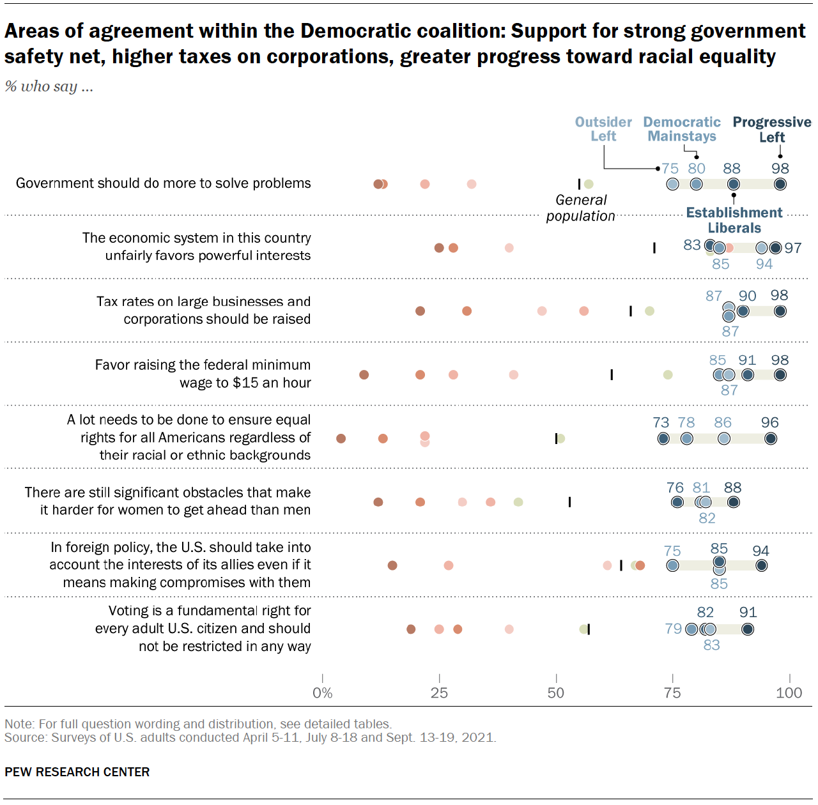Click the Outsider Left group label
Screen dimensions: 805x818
tap(603, 129)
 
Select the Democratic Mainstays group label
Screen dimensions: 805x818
tap(681, 129)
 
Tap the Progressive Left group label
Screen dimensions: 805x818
tap(771, 130)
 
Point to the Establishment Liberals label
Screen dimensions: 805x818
tap(734, 220)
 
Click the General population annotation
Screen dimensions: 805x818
tap(580, 208)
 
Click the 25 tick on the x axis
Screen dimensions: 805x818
tap(439, 693)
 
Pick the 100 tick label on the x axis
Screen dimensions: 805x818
tap(789, 693)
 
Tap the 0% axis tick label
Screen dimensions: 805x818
tap(322, 693)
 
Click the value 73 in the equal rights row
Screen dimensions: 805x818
tap(661, 422)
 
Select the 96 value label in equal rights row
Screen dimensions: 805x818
tap(770, 422)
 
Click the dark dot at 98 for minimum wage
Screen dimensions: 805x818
tap(780, 375)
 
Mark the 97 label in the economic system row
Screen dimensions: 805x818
tap(793, 248)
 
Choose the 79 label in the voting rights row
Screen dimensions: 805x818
tap(673, 629)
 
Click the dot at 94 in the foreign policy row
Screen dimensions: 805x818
tap(761, 565)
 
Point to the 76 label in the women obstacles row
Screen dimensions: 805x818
tap(675, 487)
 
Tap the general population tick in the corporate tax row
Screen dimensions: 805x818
tap(631, 311)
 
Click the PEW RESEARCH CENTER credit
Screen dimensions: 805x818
tap(77, 772)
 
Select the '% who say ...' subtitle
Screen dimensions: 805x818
tap(49, 86)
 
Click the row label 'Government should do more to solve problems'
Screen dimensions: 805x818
tap(164, 183)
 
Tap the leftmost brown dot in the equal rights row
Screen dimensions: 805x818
tap(341, 438)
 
